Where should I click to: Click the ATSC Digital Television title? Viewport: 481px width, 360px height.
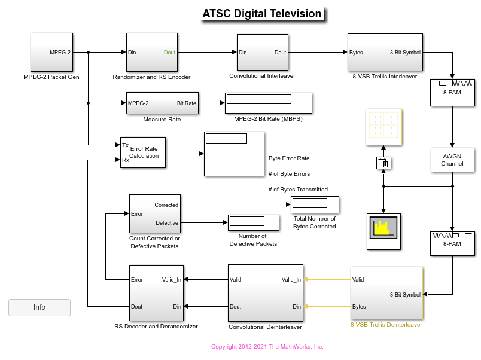262,14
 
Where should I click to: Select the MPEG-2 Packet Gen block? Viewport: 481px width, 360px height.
51,52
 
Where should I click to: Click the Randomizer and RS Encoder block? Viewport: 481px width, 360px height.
151,52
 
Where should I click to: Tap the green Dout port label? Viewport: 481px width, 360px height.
169,53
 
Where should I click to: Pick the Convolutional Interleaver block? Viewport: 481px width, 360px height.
262,52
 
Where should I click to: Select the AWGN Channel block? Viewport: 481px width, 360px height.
452,159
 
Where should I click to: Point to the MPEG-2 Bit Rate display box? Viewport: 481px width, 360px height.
269,103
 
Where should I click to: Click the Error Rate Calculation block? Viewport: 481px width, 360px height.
143,152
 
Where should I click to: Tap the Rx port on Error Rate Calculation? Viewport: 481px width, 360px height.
126,160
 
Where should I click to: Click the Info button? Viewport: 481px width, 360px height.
39,307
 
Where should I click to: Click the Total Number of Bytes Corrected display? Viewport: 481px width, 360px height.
315,205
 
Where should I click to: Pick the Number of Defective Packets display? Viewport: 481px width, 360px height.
253,222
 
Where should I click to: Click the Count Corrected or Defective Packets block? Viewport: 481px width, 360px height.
154,213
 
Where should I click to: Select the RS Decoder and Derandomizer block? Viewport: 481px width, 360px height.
156,292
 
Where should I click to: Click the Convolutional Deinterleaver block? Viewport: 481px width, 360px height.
265,292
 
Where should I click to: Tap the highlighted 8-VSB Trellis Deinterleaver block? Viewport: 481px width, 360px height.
386,293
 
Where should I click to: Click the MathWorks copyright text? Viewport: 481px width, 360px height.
267,347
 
